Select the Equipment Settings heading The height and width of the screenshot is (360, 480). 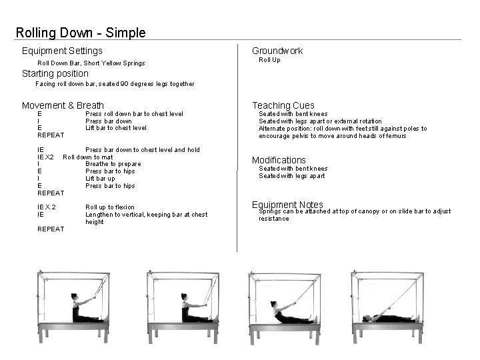coord(62,51)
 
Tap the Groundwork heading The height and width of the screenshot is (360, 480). coord(277,51)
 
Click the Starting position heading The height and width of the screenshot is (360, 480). coord(55,73)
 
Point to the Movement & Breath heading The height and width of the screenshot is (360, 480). coord(63,105)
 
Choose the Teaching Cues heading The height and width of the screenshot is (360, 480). coord(283,105)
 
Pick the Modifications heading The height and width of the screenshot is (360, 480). coord(279,160)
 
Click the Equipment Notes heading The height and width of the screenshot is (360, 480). coord(287,205)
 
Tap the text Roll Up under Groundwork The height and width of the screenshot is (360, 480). coord(269,60)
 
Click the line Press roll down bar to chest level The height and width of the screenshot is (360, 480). coord(134,114)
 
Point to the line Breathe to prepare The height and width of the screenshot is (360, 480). coord(113,164)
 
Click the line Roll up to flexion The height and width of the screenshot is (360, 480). coord(110,207)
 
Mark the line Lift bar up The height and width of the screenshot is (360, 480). coord(100,179)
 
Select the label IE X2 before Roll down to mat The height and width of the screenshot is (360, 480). coord(45,157)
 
